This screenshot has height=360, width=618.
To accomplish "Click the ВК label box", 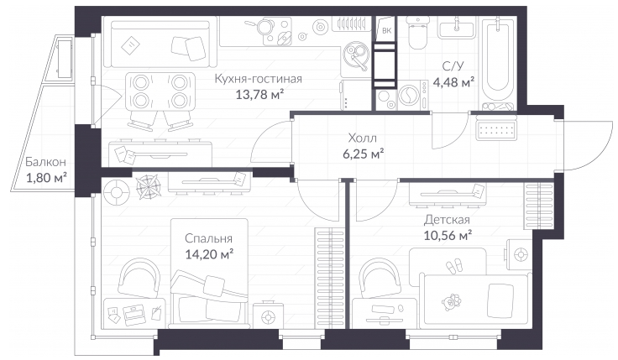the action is (x=386, y=30).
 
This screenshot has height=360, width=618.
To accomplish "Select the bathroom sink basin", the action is (x=457, y=29).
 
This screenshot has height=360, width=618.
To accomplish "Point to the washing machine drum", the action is (x=410, y=96).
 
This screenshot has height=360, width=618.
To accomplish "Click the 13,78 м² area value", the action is (x=259, y=95).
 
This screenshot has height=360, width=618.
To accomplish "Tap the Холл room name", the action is (x=362, y=138).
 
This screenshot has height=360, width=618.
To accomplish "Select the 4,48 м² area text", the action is (x=453, y=83).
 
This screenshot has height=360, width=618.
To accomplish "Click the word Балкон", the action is (x=45, y=162).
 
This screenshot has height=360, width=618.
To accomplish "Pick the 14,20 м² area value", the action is (x=209, y=254).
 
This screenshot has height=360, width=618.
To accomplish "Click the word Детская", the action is (x=447, y=220).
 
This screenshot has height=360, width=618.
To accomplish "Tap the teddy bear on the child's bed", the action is (x=451, y=302).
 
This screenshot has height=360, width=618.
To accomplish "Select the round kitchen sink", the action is (x=356, y=53).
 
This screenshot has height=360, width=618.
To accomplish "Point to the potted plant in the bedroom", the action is (x=148, y=185).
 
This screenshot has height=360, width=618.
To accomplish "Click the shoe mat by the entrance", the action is (x=496, y=130).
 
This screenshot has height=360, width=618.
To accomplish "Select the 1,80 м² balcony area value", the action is (x=46, y=178).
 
